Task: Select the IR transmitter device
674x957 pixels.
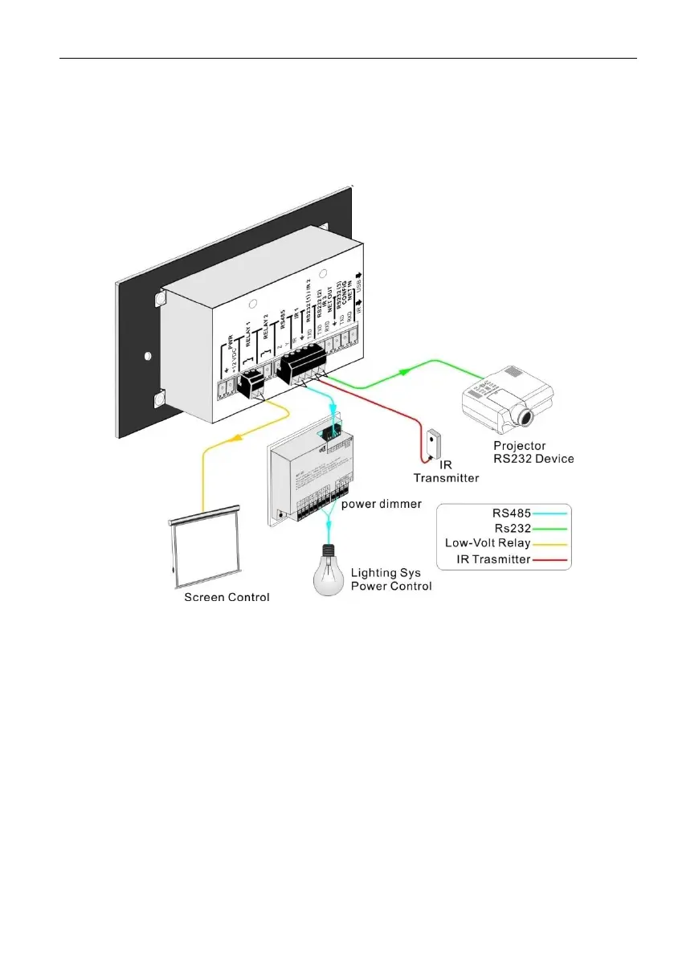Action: (x=435, y=444)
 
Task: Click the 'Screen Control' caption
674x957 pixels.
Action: (x=227, y=598)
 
